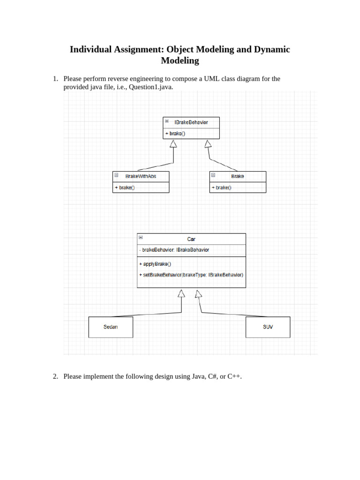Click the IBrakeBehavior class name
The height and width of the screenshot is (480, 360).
(191, 122)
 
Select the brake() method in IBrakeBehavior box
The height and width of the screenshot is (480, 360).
(175, 134)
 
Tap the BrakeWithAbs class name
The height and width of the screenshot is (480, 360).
(141, 176)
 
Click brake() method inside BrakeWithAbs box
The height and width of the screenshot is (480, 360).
(125, 187)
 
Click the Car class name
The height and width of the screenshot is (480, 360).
(191, 239)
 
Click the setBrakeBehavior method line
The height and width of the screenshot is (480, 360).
(191, 275)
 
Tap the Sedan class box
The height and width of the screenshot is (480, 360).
(111, 327)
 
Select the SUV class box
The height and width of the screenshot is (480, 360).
(268, 327)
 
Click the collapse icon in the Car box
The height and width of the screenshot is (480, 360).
(141, 238)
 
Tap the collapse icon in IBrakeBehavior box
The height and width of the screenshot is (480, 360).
(167, 121)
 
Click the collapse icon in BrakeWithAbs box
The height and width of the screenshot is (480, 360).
(116, 175)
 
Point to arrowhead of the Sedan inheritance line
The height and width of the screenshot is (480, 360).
(181, 294)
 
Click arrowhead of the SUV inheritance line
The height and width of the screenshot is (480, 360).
(199, 294)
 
